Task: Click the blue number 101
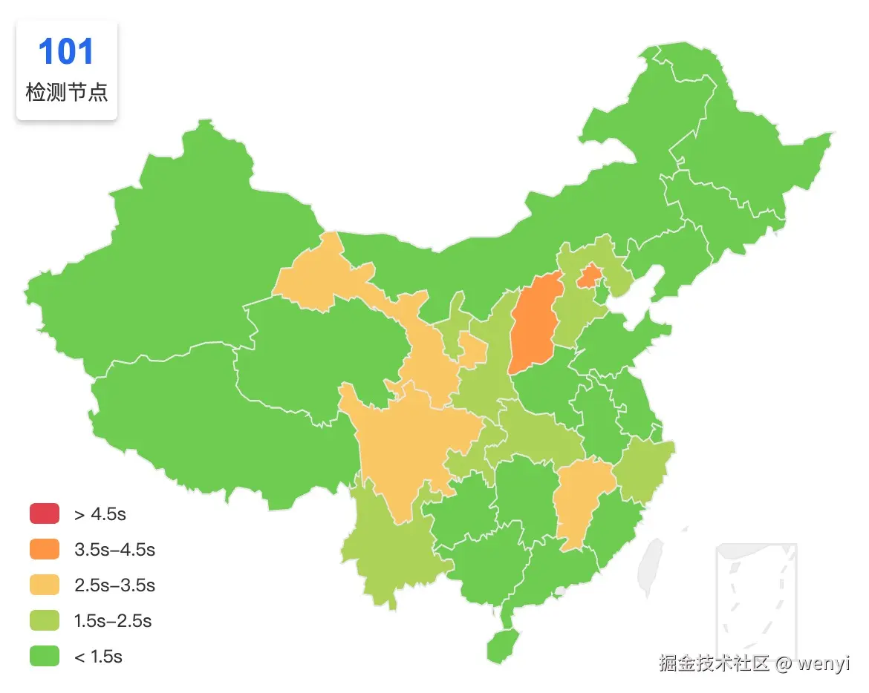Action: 66,52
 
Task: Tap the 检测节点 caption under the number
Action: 66,93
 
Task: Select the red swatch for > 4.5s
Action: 44,513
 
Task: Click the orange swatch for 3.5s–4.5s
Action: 44,549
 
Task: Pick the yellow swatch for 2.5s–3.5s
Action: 44,585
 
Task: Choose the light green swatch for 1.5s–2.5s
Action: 44,620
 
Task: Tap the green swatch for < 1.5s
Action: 44,656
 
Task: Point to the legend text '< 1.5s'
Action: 98,657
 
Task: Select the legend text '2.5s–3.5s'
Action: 114,585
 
